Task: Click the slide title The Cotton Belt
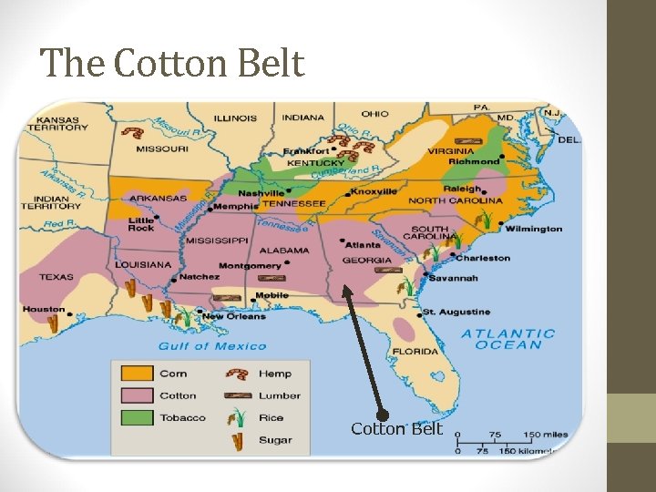coord(172,63)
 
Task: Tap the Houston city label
coord(44,310)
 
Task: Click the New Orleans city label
coord(234,317)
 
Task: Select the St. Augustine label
coord(457,313)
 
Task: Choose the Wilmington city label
coord(534,229)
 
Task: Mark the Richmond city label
coord(475,161)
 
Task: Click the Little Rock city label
coord(141,224)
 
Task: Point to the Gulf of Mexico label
coord(212,346)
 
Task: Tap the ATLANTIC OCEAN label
coord(508,339)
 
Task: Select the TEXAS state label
coord(56,276)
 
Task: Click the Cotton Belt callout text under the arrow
coord(396,429)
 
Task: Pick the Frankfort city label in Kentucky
coord(306,151)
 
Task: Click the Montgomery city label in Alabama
coord(250,266)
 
